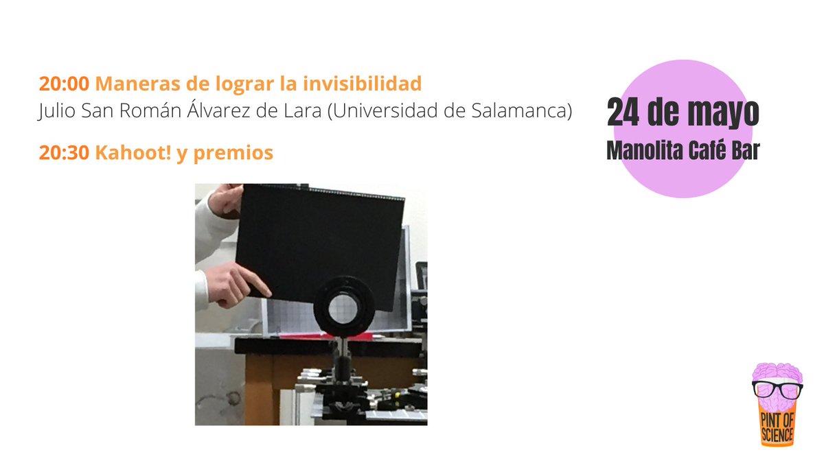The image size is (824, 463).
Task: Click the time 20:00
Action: coord(64,84)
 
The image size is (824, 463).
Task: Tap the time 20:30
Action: coord(64,153)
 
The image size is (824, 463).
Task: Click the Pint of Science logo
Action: coord(777,405)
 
